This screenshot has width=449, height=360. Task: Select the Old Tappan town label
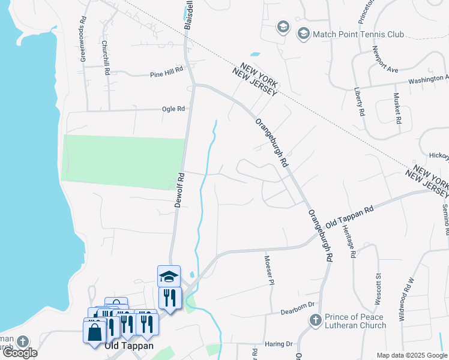click(129, 346)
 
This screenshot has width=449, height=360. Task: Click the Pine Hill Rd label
click(166, 73)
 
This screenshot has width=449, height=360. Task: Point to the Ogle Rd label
click(173, 109)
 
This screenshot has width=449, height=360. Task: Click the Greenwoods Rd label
click(83, 43)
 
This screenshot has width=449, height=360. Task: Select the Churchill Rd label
click(106, 57)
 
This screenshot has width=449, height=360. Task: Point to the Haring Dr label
click(280, 344)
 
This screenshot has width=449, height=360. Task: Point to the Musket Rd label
click(397, 108)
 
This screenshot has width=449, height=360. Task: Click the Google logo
click(20, 353)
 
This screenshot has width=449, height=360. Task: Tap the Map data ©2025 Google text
click(412, 355)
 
